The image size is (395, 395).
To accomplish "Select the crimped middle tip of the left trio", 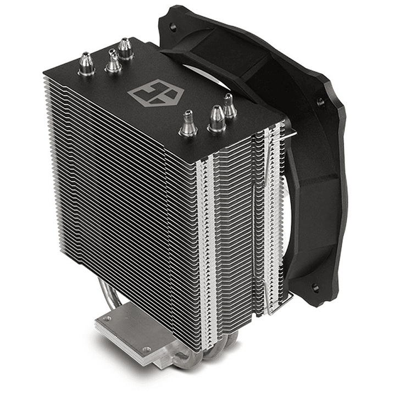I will pos(113,61).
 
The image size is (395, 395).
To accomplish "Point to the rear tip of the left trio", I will pos(126,48).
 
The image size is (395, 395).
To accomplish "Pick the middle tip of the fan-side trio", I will pos(216,119).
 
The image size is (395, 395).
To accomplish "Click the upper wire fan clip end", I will pos(291,132).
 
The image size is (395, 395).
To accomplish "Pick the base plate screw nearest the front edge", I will pos(146,349).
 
